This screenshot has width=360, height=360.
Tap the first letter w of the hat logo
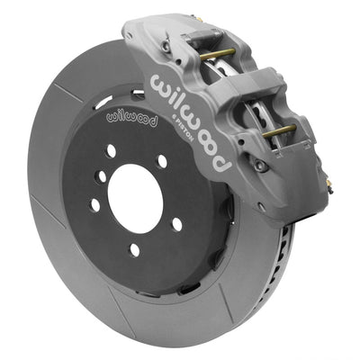coord(112,116)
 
